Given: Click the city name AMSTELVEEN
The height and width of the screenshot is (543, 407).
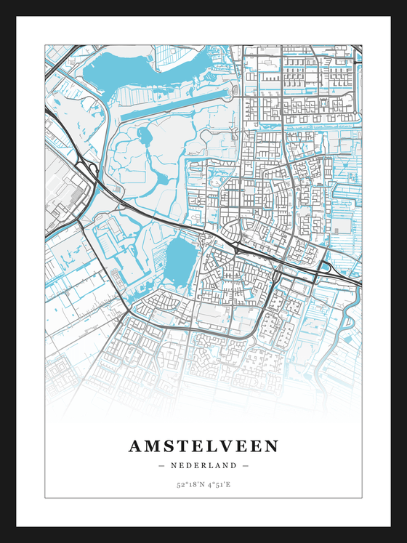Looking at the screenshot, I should [203, 446].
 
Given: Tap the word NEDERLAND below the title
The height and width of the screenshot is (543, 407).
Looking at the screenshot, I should [203, 465].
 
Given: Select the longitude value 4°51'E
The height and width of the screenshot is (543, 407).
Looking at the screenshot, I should [218, 484].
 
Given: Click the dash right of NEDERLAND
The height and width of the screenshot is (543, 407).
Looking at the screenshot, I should [246, 465].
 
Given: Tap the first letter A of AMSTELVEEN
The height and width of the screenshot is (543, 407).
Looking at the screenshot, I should [136, 446].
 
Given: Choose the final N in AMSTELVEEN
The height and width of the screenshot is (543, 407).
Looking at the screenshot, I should [271, 446].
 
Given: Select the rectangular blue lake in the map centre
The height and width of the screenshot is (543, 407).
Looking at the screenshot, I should [180, 260].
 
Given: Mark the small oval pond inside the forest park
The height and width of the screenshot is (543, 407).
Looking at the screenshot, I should [140, 135].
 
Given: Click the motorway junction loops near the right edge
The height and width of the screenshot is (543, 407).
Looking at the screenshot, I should [325, 268].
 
